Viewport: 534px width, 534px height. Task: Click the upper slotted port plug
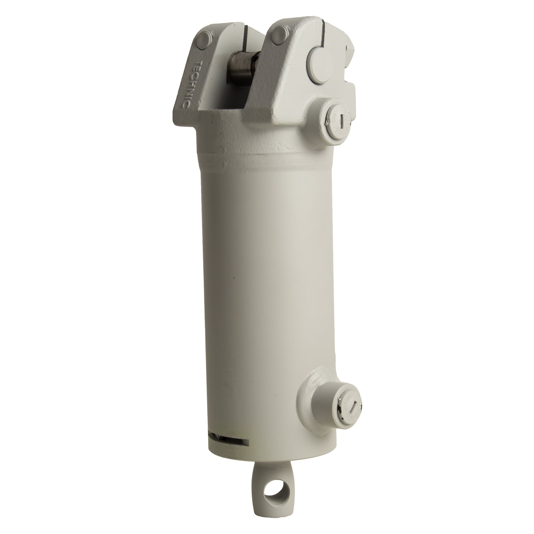[340, 119]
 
